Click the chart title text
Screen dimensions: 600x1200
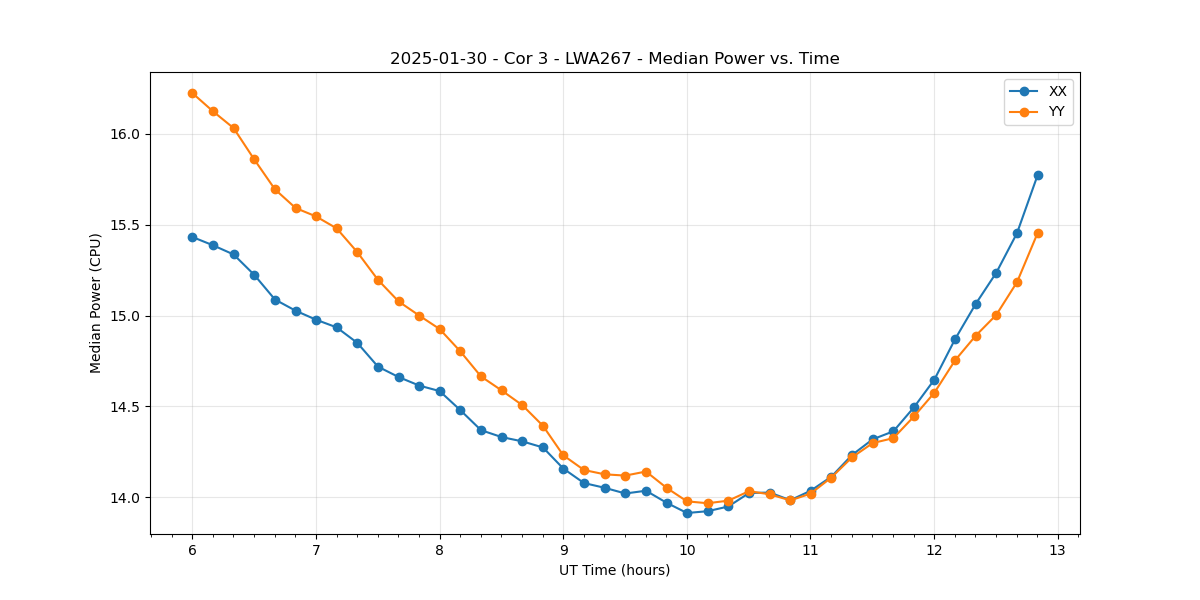click(x=614, y=59)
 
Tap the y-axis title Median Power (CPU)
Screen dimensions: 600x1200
click(x=96, y=303)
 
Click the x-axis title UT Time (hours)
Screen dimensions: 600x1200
click(x=614, y=570)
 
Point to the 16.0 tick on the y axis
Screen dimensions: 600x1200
click(x=125, y=134)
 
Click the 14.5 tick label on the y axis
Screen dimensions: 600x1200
click(x=125, y=407)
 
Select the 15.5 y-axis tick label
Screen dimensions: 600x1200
click(x=125, y=225)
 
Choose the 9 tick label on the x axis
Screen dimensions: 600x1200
click(x=563, y=551)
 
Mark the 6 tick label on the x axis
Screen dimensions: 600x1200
click(x=192, y=551)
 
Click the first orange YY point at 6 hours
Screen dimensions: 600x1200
click(x=192, y=93)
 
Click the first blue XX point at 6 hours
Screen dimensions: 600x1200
click(x=192, y=237)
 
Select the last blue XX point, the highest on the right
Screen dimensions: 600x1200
click(x=1038, y=175)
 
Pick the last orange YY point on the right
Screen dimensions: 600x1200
click(x=1038, y=233)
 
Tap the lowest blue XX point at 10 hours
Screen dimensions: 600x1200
click(x=687, y=513)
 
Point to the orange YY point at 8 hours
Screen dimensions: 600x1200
click(x=440, y=329)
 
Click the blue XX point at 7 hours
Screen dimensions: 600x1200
click(x=316, y=320)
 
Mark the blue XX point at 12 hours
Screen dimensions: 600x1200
click(x=934, y=380)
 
